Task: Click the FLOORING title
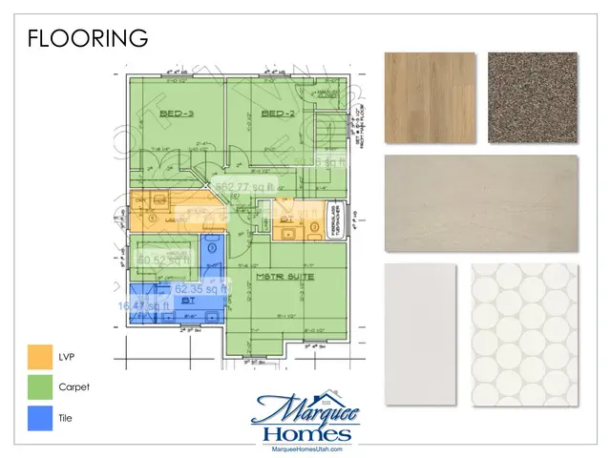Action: click(87, 38)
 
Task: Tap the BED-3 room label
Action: click(178, 114)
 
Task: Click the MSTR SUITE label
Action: click(284, 276)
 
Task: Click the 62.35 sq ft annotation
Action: click(200, 288)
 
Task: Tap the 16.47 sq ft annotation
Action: click(142, 305)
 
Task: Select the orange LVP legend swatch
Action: click(40, 363)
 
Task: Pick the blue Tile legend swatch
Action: click(40, 417)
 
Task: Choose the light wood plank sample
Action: click(430, 95)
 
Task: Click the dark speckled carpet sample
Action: click(532, 95)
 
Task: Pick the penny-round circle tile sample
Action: click(524, 334)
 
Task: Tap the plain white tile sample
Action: click(419, 334)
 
